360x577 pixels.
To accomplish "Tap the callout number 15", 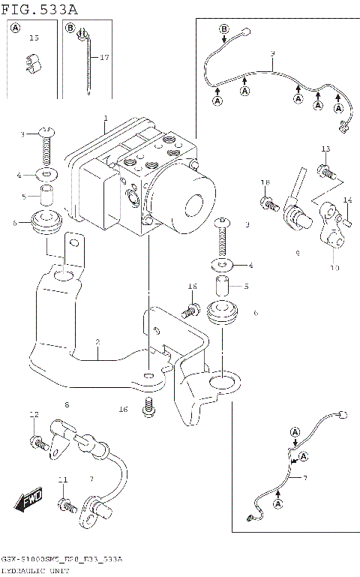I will (x=34, y=38).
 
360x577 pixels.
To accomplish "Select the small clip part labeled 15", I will (x=33, y=63).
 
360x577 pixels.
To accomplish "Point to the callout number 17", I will (x=104, y=57).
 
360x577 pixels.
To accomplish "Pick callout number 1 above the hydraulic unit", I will (x=106, y=118).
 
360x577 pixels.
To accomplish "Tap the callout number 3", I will (x=23, y=134).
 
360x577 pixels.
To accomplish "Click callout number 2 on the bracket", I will (x=97, y=343).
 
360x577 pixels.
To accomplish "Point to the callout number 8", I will (x=66, y=406).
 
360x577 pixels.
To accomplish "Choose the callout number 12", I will (x=34, y=415).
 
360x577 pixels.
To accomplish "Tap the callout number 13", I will (x=325, y=149).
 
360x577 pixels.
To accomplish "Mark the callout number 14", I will (x=347, y=200).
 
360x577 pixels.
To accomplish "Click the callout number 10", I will (x=334, y=268).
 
